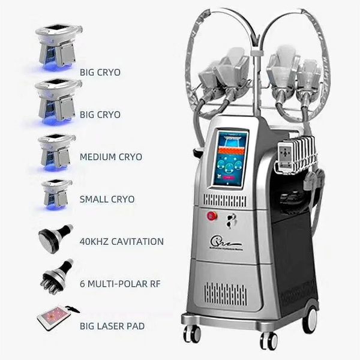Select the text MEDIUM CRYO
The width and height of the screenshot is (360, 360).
point(110,157)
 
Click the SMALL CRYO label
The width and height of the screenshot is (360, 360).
point(107,199)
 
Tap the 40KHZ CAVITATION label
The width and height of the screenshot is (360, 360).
point(121,242)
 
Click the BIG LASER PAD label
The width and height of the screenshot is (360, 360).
point(112,327)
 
